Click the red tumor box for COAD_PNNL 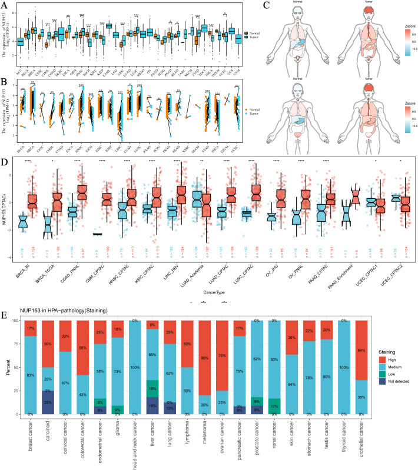(x=81, y=193)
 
